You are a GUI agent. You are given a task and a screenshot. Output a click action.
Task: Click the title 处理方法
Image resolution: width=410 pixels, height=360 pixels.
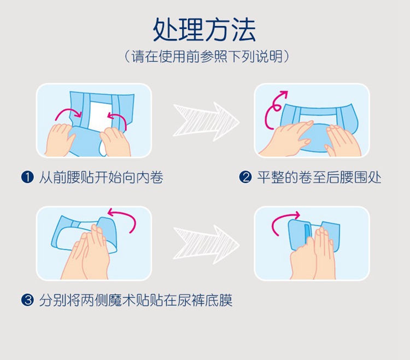204,30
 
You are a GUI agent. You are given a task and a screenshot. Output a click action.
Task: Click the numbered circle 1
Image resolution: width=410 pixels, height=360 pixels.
27,177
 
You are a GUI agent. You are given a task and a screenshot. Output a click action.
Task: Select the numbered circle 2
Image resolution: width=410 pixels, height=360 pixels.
245,177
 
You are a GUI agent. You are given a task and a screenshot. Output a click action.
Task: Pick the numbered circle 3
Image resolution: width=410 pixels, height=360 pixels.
27,300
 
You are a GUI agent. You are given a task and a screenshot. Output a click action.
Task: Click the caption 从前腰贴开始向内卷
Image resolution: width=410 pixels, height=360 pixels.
101,178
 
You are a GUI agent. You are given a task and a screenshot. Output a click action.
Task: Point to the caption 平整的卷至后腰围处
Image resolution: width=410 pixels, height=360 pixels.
319,178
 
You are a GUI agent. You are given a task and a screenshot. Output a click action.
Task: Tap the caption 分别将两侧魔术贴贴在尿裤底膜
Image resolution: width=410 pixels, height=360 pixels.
136,300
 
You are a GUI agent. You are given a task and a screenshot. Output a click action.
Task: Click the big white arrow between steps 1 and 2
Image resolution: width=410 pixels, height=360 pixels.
206,122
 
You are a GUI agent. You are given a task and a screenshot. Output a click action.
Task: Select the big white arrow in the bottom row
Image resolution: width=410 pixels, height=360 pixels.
206,245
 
